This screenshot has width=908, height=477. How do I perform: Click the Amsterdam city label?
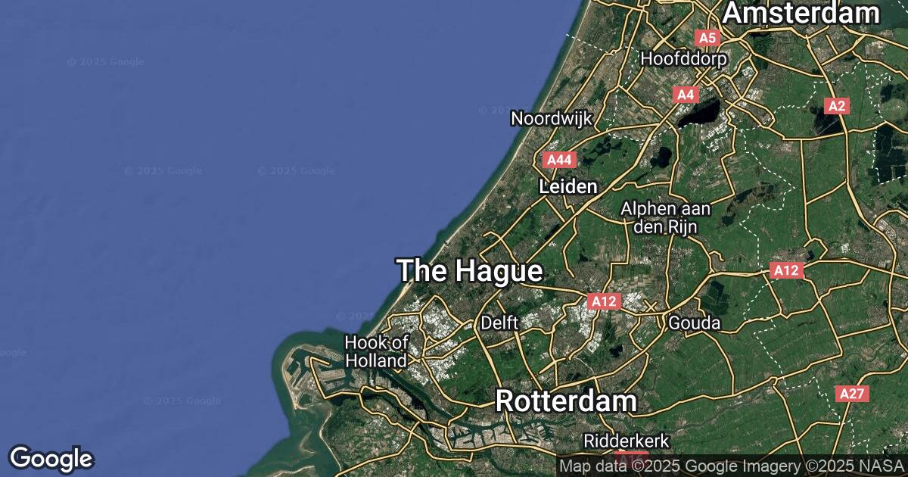pos(801,14)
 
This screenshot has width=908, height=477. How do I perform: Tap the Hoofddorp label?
pos(683,58)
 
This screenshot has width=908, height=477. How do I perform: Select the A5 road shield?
pos(707,38)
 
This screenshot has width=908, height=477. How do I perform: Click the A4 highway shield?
pos(685,95)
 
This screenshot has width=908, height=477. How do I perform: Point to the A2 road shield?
pos(836,106)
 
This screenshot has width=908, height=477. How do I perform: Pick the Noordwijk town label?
pos(551,119)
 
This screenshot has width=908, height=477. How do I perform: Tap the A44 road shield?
pos(559,160)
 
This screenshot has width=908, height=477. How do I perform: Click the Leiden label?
pos(568,186)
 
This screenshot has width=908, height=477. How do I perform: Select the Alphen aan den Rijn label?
pos(658,217)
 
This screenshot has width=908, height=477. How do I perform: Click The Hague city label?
pos(469,271)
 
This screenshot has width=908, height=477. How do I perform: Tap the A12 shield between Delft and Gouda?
pos(604,301)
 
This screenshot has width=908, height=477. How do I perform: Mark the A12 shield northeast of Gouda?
pos(786,270)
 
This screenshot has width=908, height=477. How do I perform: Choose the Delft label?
pos(499,323)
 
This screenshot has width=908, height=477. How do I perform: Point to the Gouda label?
pos(694,323)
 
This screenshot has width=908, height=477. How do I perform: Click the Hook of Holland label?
pos(376,352)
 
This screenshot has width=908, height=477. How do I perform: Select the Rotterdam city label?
pos(565,402)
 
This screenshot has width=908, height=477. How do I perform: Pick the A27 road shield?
pos(853,394)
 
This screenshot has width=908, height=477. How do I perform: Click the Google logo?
pos(51,458)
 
